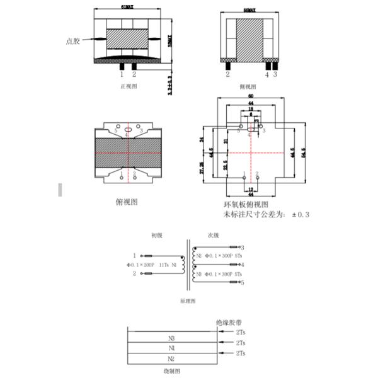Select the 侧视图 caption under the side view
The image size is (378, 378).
[248, 86]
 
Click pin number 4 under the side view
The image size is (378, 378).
[267, 74]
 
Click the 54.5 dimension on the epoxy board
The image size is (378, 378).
[303, 153]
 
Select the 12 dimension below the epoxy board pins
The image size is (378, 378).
[251, 190]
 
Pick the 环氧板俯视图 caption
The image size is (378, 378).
[246, 205]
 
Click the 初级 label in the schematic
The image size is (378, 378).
[156, 235]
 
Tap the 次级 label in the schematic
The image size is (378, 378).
[213, 235]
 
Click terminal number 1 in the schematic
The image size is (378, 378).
[134, 256]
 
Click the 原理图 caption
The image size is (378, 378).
[188, 301]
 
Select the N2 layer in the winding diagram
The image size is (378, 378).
[171, 358]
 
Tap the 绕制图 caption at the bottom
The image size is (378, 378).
[172, 372]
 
